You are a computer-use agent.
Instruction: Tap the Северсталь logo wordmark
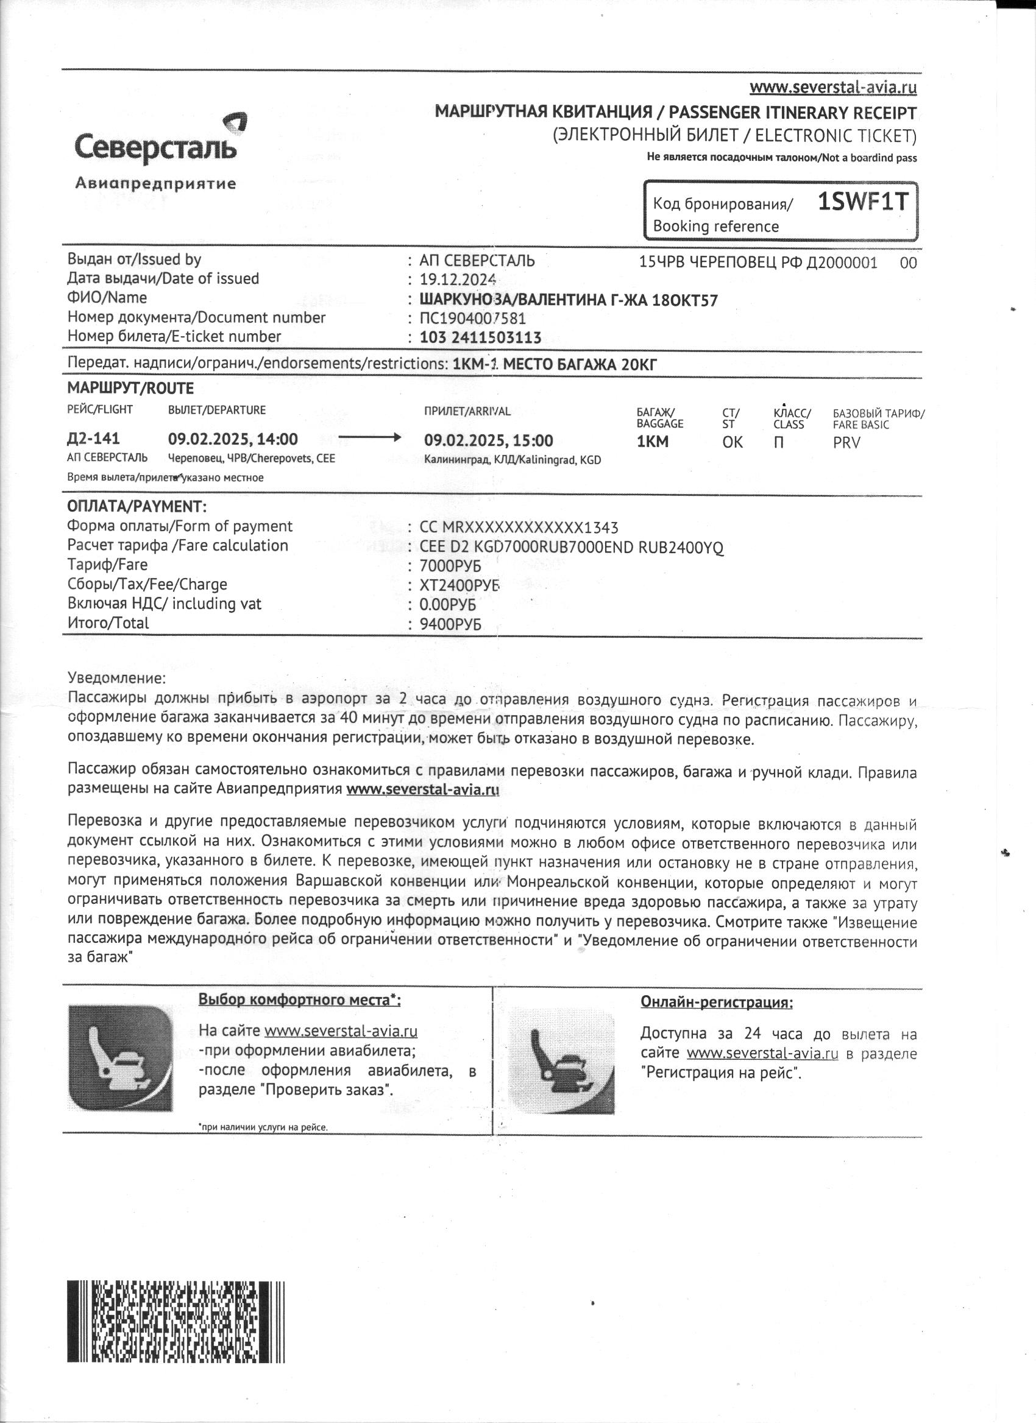pyautogui.click(x=155, y=147)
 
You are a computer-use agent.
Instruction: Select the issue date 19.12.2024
pyautogui.click(x=458, y=280)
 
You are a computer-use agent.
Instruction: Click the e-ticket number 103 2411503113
pyautogui.click(x=480, y=338)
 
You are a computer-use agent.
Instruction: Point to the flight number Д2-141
pyautogui.click(x=93, y=439)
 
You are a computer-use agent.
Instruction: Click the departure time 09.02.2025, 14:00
pyautogui.click(x=232, y=439)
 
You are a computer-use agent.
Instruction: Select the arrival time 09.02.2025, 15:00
pyautogui.click(x=488, y=441)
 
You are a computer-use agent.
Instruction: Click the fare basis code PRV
pyautogui.click(x=846, y=443)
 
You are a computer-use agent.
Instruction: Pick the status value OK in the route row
pyautogui.click(x=732, y=442)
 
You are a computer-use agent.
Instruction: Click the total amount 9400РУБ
pyautogui.click(x=450, y=625)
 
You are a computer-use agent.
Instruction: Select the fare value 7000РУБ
pyautogui.click(x=450, y=566)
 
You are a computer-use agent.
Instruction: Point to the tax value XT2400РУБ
pyautogui.click(x=459, y=586)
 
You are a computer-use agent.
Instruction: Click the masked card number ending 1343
pyautogui.click(x=519, y=527)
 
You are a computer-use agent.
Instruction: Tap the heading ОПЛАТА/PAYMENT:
pyautogui.click(x=137, y=507)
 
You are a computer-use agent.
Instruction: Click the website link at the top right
pyautogui.click(x=833, y=87)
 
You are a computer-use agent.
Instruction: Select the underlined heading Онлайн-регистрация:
pyautogui.click(x=716, y=1003)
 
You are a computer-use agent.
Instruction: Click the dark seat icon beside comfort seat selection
pyautogui.click(x=120, y=1058)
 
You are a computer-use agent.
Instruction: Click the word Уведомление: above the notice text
pyautogui.click(x=117, y=678)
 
